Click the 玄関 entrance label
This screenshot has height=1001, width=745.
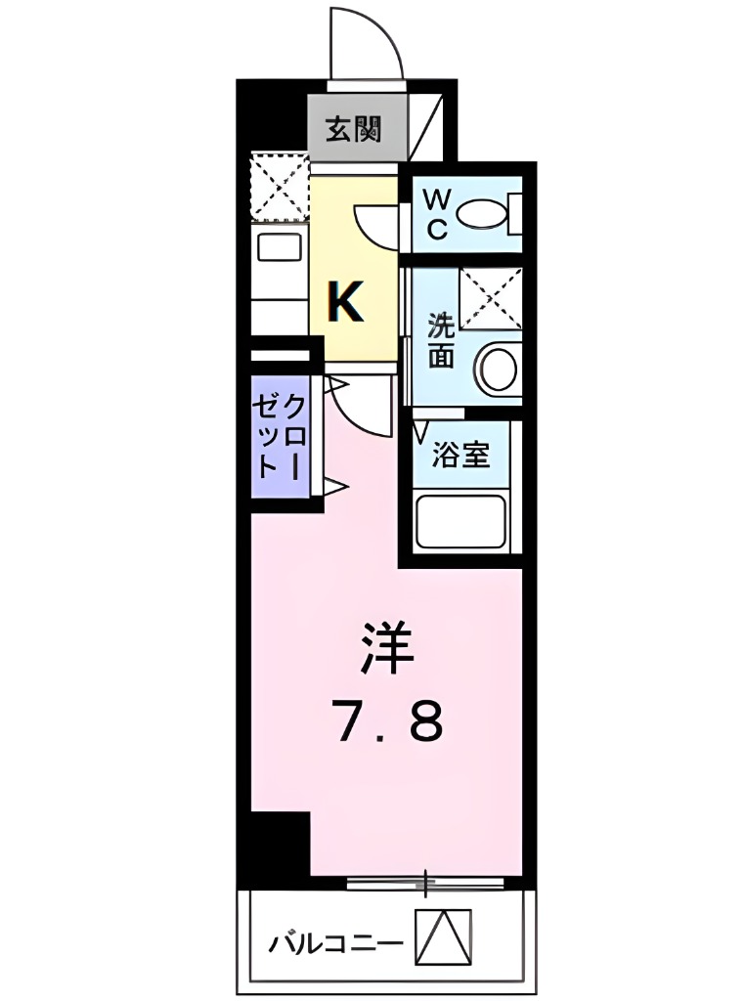[x=354, y=129]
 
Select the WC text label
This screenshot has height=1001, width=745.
[x=436, y=214]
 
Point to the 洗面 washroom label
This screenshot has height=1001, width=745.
[x=442, y=340]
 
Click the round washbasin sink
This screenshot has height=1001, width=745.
[x=498, y=368]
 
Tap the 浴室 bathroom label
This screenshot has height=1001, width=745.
[x=461, y=455]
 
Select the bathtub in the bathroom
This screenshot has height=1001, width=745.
[x=460, y=522]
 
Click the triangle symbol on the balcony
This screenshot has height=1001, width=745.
[x=444, y=936]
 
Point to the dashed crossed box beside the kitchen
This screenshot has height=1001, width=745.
[x=280, y=186]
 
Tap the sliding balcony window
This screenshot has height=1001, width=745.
[x=426, y=884]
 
